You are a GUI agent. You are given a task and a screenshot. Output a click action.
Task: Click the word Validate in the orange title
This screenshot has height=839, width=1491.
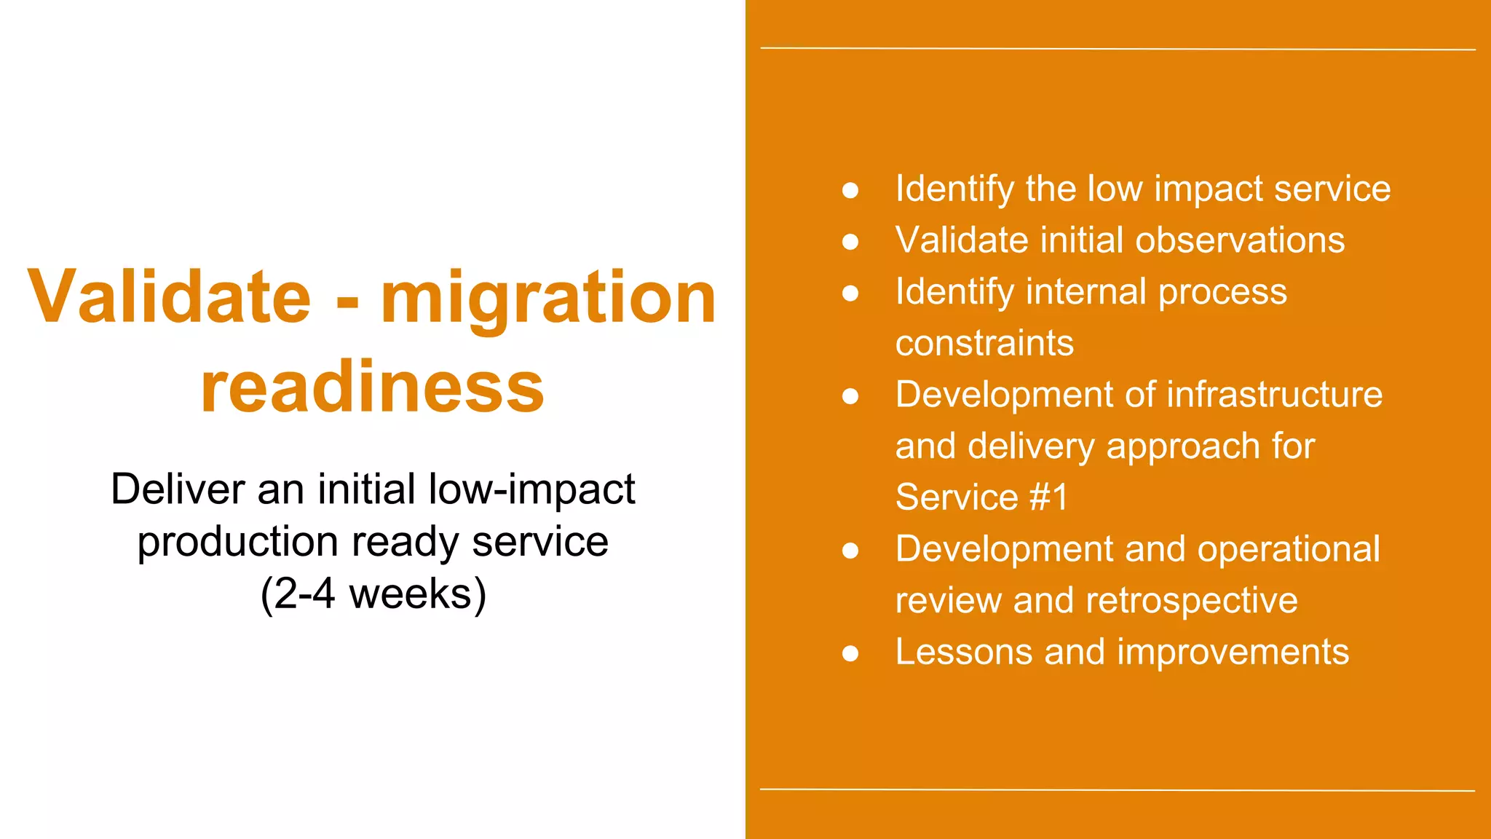pyautogui.click(x=169, y=296)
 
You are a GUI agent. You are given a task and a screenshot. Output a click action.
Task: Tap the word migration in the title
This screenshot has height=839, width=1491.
pyautogui.click(x=548, y=296)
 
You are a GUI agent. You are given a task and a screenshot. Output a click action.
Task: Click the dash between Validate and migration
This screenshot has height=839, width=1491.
pyautogui.click(x=347, y=300)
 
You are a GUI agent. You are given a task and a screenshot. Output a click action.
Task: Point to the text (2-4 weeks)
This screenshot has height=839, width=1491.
pyautogui.click(x=373, y=594)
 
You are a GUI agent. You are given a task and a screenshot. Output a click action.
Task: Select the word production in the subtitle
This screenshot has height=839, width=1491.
pyautogui.click(x=238, y=542)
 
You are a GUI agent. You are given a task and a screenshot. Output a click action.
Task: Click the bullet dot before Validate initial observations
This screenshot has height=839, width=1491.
pyautogui.click(x=850, y=241)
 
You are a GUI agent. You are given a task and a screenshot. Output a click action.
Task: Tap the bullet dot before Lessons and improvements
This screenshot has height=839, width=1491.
pyautogui.click(x=850, y=653)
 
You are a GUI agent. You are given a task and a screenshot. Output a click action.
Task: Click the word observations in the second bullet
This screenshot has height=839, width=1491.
pyautogui.click(x=1240, y=240)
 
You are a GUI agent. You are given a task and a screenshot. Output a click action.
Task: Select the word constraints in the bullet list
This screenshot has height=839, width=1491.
pyautogui.click(x=984, y=343)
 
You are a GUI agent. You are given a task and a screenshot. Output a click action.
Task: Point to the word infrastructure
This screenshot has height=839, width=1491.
pyautogui.click(x=1275, y=395)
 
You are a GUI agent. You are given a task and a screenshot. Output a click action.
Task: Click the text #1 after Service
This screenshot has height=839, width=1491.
pyautogui.click(x=1048, y=497)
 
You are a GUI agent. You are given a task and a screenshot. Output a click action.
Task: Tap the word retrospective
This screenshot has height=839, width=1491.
pyautogui.click(x=1192, y=601)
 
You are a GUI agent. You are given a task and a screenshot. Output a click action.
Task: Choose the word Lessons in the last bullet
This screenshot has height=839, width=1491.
pyautogui.click(x=963, y=652)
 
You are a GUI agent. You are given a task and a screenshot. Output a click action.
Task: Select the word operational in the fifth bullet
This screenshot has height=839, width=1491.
pyautogui.click(x=1289, y=549)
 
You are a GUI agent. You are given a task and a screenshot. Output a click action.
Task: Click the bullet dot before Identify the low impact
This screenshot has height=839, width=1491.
pyautogui.click(x=850, y=190)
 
